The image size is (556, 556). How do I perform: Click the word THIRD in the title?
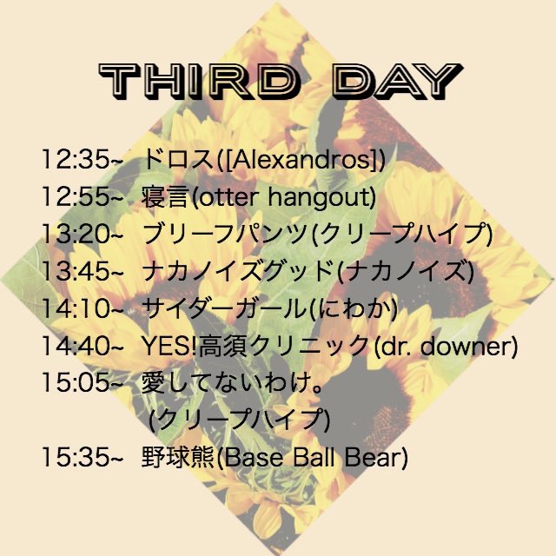click(198, 81)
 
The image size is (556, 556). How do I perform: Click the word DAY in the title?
click(398, 81)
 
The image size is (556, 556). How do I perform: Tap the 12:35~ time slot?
click(83, 159)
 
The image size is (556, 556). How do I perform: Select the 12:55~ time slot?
click(83, 196)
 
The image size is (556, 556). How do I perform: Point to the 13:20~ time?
click(83, 234)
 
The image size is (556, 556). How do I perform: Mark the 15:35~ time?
click(83, 457)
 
